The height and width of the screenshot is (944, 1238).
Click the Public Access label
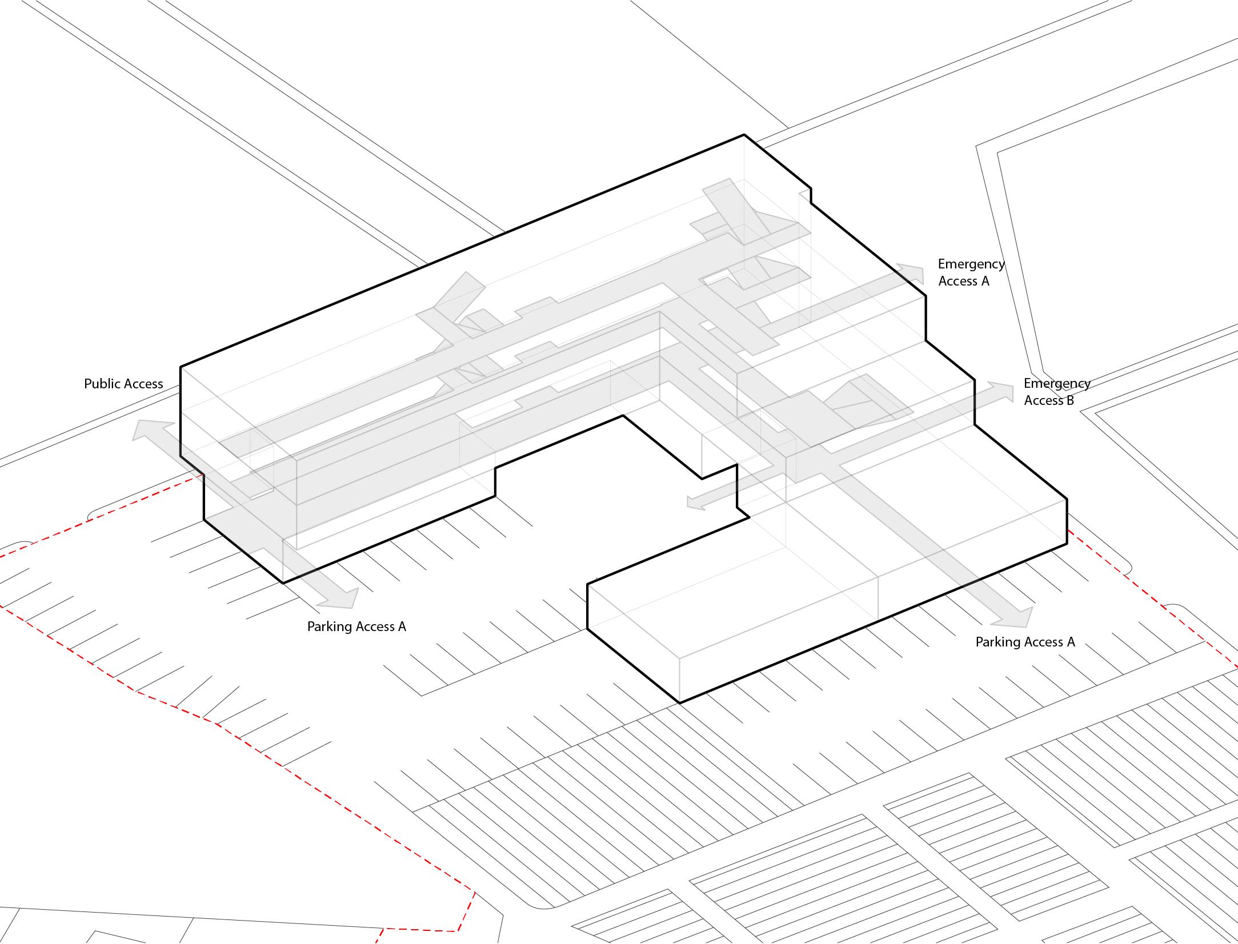(123, 384)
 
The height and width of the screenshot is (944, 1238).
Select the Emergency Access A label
(971, 272)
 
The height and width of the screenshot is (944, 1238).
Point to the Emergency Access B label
(1057, 392)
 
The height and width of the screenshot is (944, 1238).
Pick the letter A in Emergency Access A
(985, 281)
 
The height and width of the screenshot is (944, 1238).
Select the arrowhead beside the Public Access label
(145, 428)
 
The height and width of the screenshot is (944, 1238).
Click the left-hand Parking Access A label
(356, 626)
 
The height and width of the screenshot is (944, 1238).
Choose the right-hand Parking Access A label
(1025, 642)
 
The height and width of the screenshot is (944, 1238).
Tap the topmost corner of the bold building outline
(744, 135)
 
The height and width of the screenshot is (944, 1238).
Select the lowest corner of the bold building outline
(680, 702)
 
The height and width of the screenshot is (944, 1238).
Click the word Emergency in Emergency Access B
(1057, 384)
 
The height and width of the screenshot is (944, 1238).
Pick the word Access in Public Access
(144, 384)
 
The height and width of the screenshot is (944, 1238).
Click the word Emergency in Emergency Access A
(971, 264)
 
